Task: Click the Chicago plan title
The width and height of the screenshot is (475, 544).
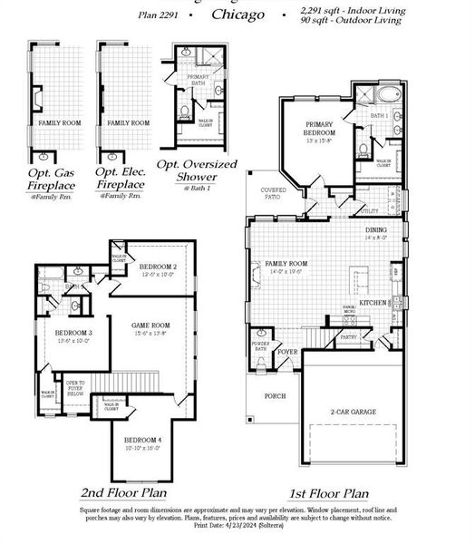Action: [238, 15]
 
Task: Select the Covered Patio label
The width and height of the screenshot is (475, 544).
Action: [275, 194]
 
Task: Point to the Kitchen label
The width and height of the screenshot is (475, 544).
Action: [373, 302]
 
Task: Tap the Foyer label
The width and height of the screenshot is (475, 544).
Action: [288, 351]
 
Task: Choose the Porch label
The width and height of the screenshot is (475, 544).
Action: [275, 396]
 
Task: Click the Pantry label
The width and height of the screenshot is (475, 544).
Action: [349, 336]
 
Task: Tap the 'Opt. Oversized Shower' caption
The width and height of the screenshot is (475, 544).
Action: [197, 170]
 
